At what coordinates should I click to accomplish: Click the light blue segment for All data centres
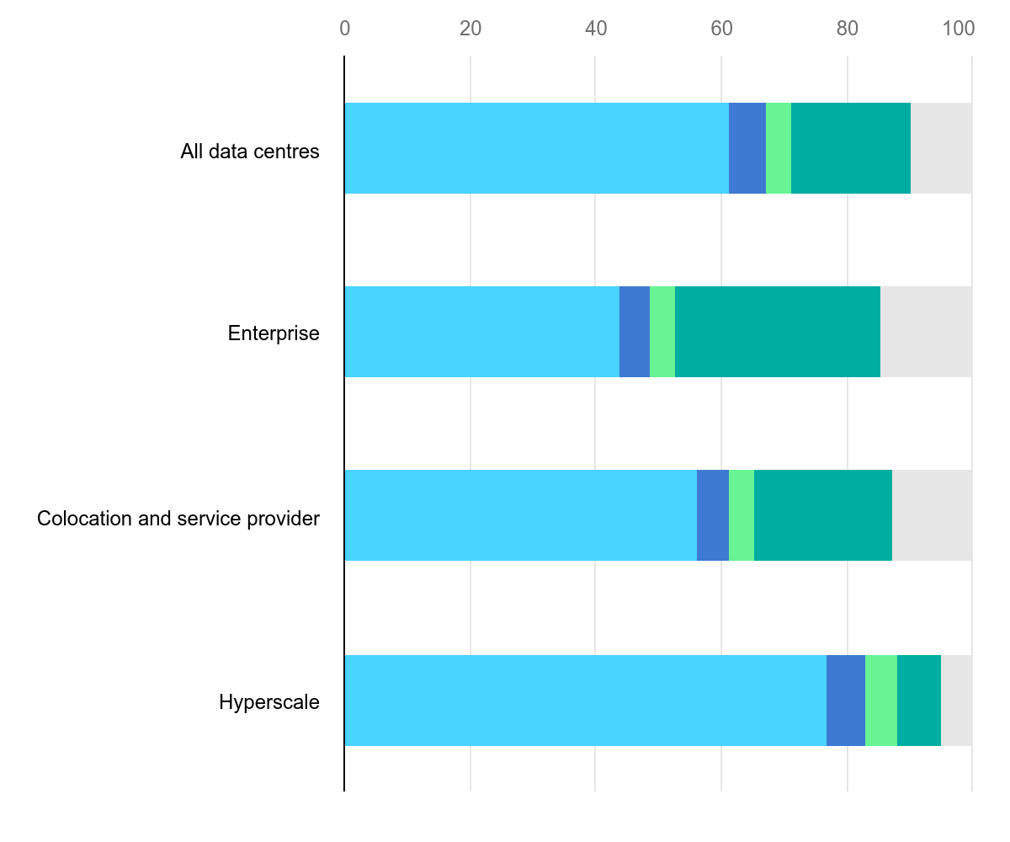(x=536, y=148)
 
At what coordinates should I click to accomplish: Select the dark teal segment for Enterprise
(x=777, y=332)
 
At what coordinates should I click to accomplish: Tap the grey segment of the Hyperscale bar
(x=956, y=701)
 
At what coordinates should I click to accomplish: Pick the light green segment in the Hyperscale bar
(x=880, y=701)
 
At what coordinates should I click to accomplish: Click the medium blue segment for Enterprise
(x=634, y=332)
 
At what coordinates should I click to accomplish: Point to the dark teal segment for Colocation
(x=822, y=515)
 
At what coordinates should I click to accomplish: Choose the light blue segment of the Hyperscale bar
(x=585, y=701)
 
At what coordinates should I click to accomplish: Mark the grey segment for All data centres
(x=941, y=148)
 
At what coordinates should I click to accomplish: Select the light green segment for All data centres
(x=778, y=148)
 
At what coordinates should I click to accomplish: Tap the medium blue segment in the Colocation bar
(x=712, y=515)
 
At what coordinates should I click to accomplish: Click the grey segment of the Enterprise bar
(x=926, y=332)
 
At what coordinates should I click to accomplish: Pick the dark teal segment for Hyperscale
(x=918, y=701)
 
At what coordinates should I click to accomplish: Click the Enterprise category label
(x=274, y=333)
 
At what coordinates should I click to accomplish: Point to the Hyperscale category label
(x=269, y=702)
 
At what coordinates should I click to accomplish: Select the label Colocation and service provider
(x=178, y=519)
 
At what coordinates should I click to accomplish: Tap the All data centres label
(x=250, y=152)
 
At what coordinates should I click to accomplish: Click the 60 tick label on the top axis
(x=721, y=29)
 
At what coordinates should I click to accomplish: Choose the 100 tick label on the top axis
(x=958, y=29)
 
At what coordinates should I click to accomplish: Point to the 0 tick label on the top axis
(x=345, y=29)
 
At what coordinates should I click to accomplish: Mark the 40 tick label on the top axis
(x=596, y=29)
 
